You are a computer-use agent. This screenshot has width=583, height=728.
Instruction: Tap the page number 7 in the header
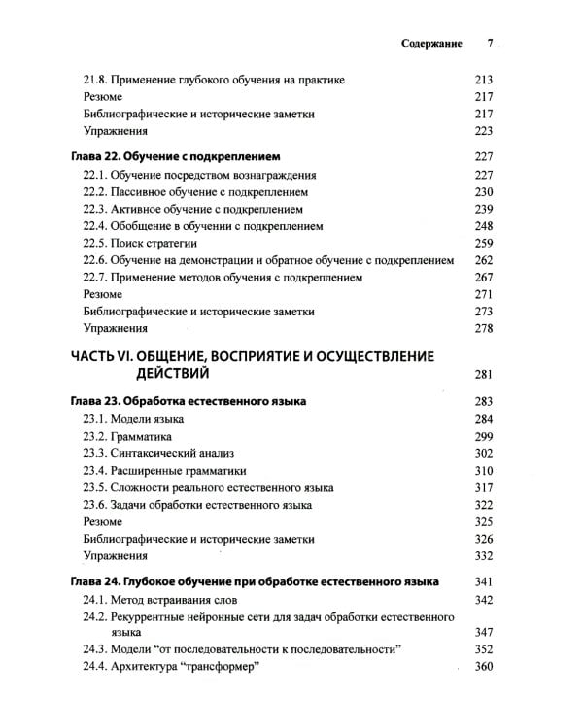[491, 44]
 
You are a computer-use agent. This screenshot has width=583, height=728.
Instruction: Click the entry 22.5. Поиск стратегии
[141, 242]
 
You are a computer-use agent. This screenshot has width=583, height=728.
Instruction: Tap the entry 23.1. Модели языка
[133, 419]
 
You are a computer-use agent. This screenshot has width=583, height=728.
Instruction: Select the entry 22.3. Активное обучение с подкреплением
[193, 208]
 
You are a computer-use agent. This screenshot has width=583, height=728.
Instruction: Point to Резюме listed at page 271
[102, 294]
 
